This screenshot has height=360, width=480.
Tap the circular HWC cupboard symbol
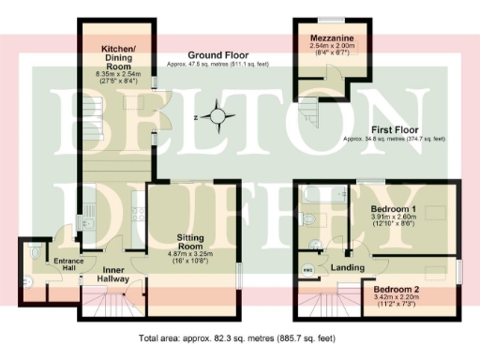pyautogui.click(x=307, y=271)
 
